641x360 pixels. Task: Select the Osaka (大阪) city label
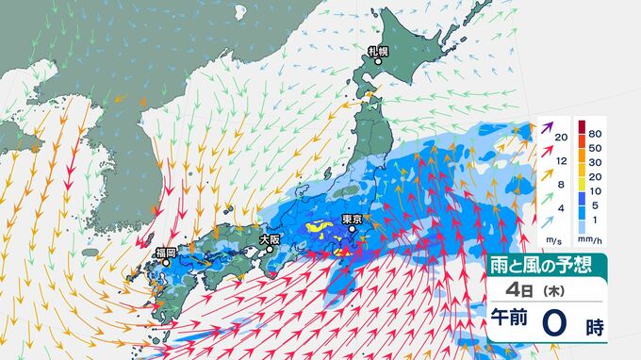(270, 240)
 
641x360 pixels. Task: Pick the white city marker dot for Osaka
(263, 251)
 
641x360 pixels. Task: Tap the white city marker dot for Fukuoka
(165, 263)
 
